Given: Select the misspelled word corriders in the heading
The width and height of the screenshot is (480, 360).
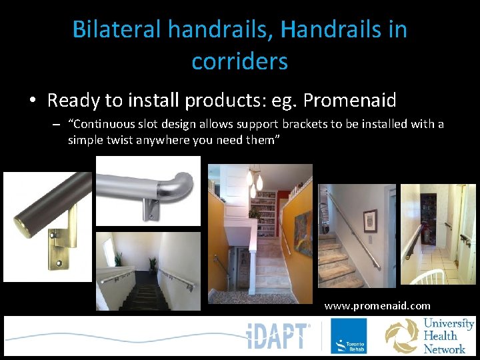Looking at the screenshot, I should pos(239,61).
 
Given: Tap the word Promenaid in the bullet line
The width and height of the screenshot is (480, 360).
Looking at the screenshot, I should pos(349,101).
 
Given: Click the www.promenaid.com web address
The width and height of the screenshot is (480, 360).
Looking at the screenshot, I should pos(377,306).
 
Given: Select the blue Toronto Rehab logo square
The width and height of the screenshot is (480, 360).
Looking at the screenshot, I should pos(348,336).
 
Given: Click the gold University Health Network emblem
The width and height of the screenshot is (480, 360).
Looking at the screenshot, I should pos(402,336).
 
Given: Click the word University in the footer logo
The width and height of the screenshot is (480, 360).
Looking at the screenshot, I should pos(449,324).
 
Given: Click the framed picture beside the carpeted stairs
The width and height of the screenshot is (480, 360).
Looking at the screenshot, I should pos(367,221).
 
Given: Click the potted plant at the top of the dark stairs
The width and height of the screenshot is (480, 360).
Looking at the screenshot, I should pos(118,258).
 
